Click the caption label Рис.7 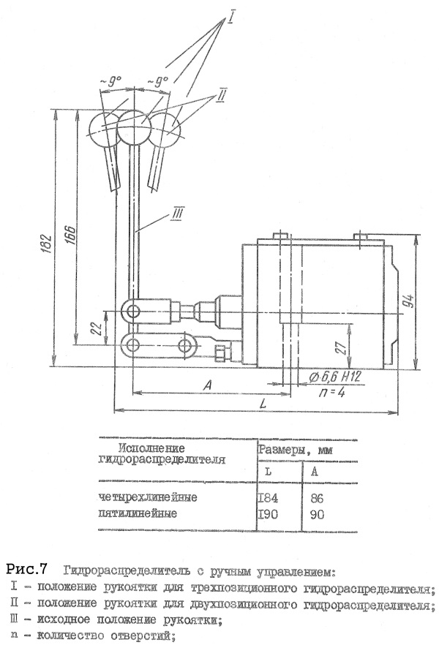[29, 568]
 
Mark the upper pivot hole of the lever [132, 312]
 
